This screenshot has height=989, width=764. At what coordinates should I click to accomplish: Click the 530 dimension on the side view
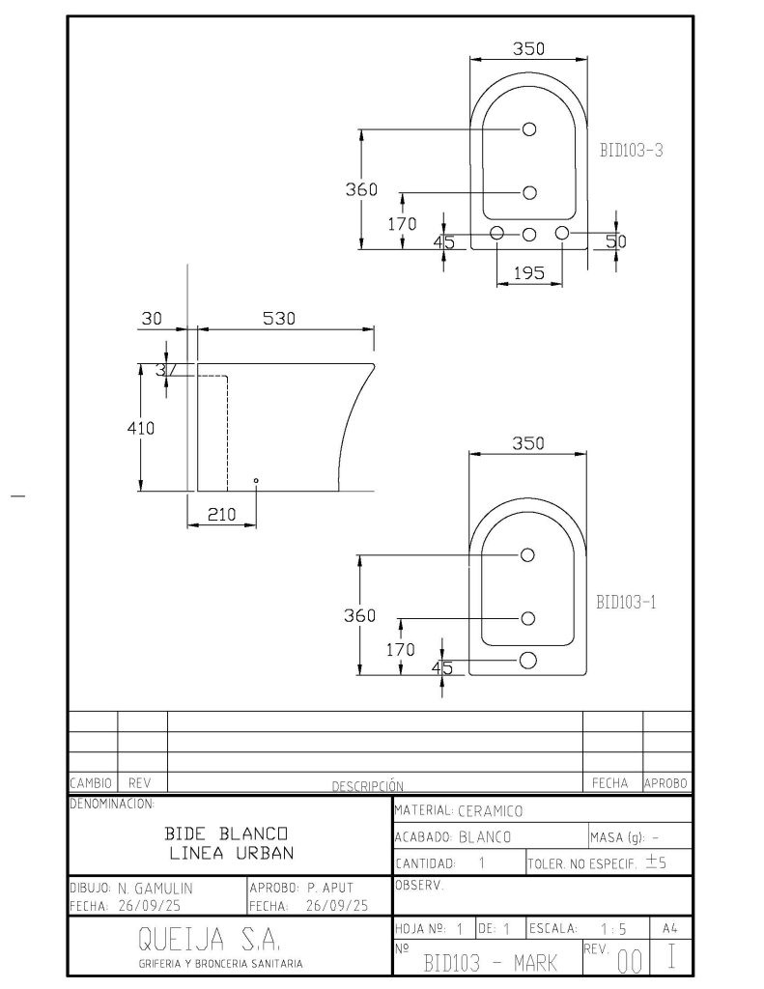point(278,319)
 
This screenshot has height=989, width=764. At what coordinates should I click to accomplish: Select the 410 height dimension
point(141,428)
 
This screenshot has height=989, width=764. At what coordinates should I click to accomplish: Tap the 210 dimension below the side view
point(221,515)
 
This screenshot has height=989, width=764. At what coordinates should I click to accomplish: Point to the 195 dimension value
point(528,273)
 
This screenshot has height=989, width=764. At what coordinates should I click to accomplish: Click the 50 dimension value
point(616,241)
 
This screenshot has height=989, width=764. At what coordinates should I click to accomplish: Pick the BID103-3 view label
point(631,150)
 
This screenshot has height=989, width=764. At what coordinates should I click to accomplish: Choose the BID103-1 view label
point(627,603)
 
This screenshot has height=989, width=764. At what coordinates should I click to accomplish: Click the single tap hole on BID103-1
point(528,661)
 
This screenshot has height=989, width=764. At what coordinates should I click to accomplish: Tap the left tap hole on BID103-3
point(497,233)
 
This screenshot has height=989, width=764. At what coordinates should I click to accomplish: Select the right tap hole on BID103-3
point(561,233)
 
